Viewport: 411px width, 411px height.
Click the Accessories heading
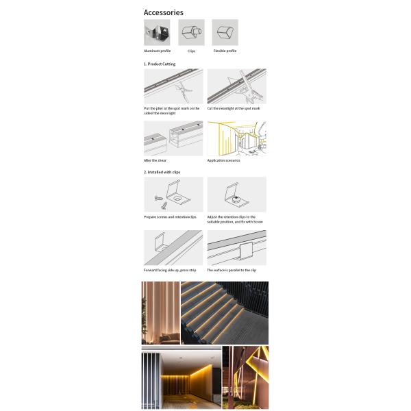pyautogui.click(x=163, y=12)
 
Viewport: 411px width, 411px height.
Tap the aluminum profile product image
pyautogui.click(x=157, y=32)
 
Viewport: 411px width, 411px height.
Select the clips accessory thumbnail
pyautogui.click(x=191, y=32)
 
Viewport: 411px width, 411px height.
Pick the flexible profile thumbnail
pyautogui.click(x=225, y=32)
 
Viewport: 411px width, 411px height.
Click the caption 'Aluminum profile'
pyautogui.click(x=157, y=51)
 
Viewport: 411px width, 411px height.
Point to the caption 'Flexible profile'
pyautogui.click(x=225, y=51)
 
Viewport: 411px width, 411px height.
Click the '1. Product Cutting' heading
pyautogui.click(x=160, y=64)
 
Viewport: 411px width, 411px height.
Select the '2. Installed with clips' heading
pyautogui.click(x=162, y=172)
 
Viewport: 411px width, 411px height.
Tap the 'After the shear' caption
pyautogui.click(x=155, y=160)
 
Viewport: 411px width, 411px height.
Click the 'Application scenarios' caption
pyautogui.click(x=223, y=160)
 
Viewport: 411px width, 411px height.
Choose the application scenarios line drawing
pyautogui.click(x=237, y=138)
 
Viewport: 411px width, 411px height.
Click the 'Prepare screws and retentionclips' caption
pyautogui.click(x=170, y=216)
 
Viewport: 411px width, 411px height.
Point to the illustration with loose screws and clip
pyautogui.click(x=173, y=195)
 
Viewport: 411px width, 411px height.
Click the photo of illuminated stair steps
pyautogui.click(x=225, y=312)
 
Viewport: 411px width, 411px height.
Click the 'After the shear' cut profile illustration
pyautogui.click(x=173, y=138)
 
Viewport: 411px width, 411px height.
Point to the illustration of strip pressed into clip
pyautogui.click(x=173, y=247)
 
